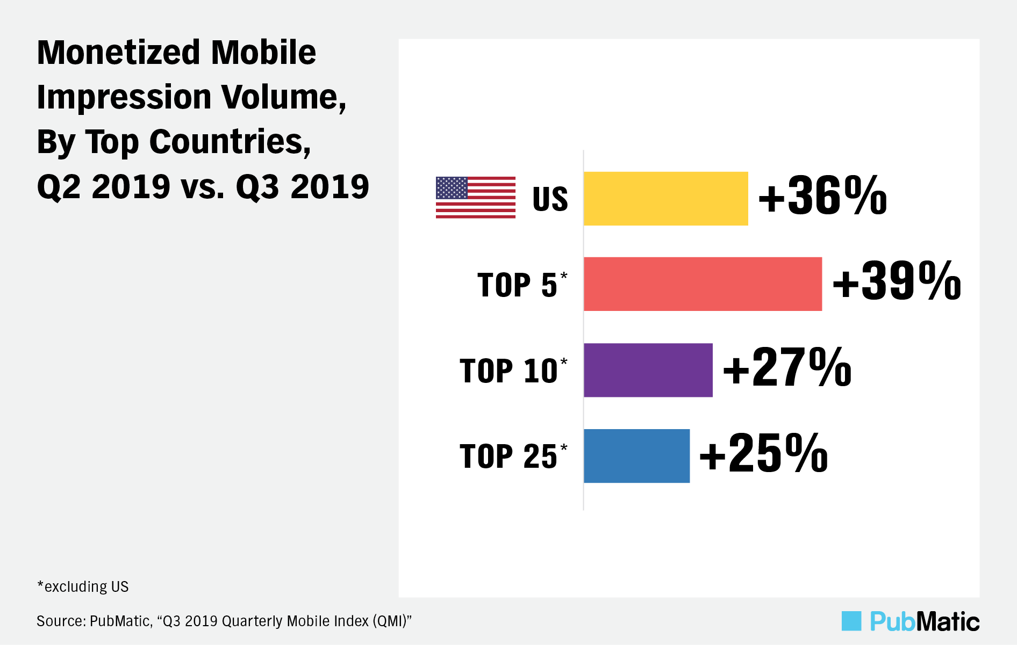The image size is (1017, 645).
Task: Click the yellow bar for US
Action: click(665, 199)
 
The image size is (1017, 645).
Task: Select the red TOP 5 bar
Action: click(703, 284)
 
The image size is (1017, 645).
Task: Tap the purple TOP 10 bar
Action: click(648, 370)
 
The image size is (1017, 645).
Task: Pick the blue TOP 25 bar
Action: click(636, 456)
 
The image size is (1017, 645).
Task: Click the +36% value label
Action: click(822, 197)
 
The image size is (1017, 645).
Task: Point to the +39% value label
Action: click(897, 282)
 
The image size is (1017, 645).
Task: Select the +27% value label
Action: click(787, 368)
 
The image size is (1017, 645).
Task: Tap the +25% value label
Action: click(763, 454)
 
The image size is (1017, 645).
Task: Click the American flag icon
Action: click(475, 198)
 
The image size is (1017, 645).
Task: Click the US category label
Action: click(550, 199)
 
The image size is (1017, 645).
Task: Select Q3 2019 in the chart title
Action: click(302, 187)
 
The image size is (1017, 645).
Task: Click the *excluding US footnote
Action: click(83, 586)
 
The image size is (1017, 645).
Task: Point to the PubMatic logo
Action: click(911, 621)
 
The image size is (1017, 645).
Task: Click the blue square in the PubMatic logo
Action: click(851, 621)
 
